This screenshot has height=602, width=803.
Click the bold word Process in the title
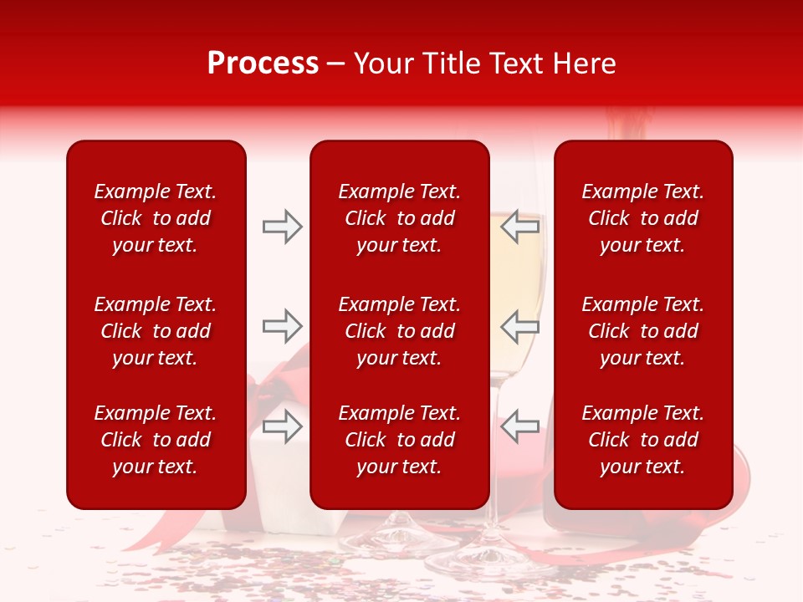[263, 64]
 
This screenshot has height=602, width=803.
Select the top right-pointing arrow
[282, 226]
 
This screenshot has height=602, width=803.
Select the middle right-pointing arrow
[282, 326]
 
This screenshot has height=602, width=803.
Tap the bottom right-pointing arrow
[282, 426]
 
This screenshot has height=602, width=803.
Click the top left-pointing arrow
[520, 226]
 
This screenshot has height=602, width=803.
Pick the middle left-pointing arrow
[520, 326]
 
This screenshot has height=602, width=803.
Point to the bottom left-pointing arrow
[520, 426]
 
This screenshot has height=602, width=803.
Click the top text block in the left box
[156, 218]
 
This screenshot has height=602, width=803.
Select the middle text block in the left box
[156, 331]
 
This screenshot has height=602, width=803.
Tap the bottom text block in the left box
[156, 440]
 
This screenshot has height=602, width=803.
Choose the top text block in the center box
[399, 218]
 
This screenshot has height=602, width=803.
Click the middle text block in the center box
[399, 331]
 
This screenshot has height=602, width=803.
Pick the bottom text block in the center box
[399, 440]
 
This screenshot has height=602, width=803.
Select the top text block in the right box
[643, 218]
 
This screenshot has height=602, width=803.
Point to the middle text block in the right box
[643, 331]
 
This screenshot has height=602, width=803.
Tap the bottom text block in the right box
[643, 440]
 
